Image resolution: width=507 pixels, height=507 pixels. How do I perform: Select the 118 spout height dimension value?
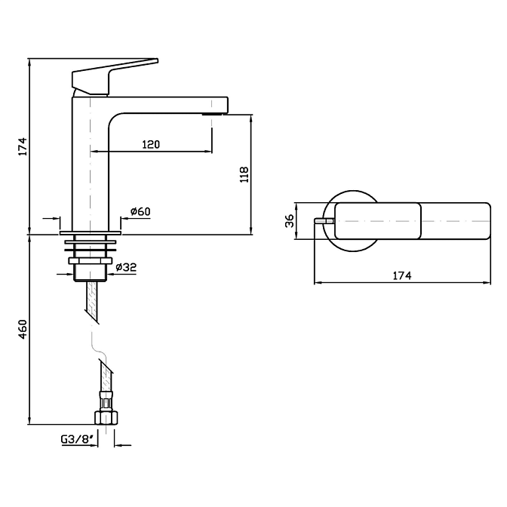click(x=244, y=175)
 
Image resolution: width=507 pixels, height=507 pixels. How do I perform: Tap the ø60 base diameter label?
click(x=140, y=212)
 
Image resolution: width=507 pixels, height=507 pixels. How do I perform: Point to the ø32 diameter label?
click(x=125, y=266)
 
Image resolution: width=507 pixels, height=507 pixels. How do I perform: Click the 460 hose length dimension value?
click(x=23, y=330)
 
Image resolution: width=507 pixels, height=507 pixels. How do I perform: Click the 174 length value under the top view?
click(x=402, y=276)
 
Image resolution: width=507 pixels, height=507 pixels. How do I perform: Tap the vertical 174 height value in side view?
click(x=23, y=146)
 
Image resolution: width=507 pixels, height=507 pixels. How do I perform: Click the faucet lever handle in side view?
click(x=113, y=75)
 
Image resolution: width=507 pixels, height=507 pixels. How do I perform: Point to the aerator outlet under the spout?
click(x=215, y=114)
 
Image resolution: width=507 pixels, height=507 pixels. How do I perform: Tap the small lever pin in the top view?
click(x=321, y=221)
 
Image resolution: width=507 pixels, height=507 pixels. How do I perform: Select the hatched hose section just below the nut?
click(x=92, y=298)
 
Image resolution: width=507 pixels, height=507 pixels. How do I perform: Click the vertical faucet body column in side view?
click(x=91, y=166)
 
